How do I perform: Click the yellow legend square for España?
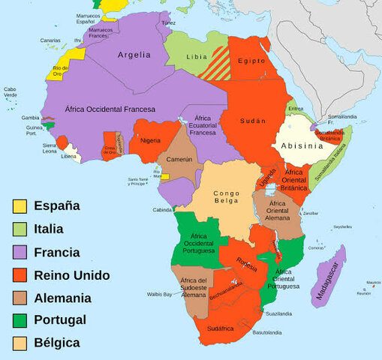(x=20, y=205)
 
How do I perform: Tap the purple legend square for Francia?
(x=20, y=252)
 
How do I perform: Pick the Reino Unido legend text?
(x=71, y=274)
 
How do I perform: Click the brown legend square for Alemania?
(x=20, y=298)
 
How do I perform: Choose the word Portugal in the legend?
(x=59, y=319)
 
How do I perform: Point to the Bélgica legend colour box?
(x=20, y=343)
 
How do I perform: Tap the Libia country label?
(x=196, y=58)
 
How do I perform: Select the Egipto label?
(x=252, y=60)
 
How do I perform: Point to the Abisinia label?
(x=302, y=145)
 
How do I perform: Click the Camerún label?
(x=179, y=160)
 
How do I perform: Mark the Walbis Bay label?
(x=157, y=295)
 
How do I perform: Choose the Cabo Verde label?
(x=11, y=92)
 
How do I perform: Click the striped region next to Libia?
(x=217, y=63)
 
